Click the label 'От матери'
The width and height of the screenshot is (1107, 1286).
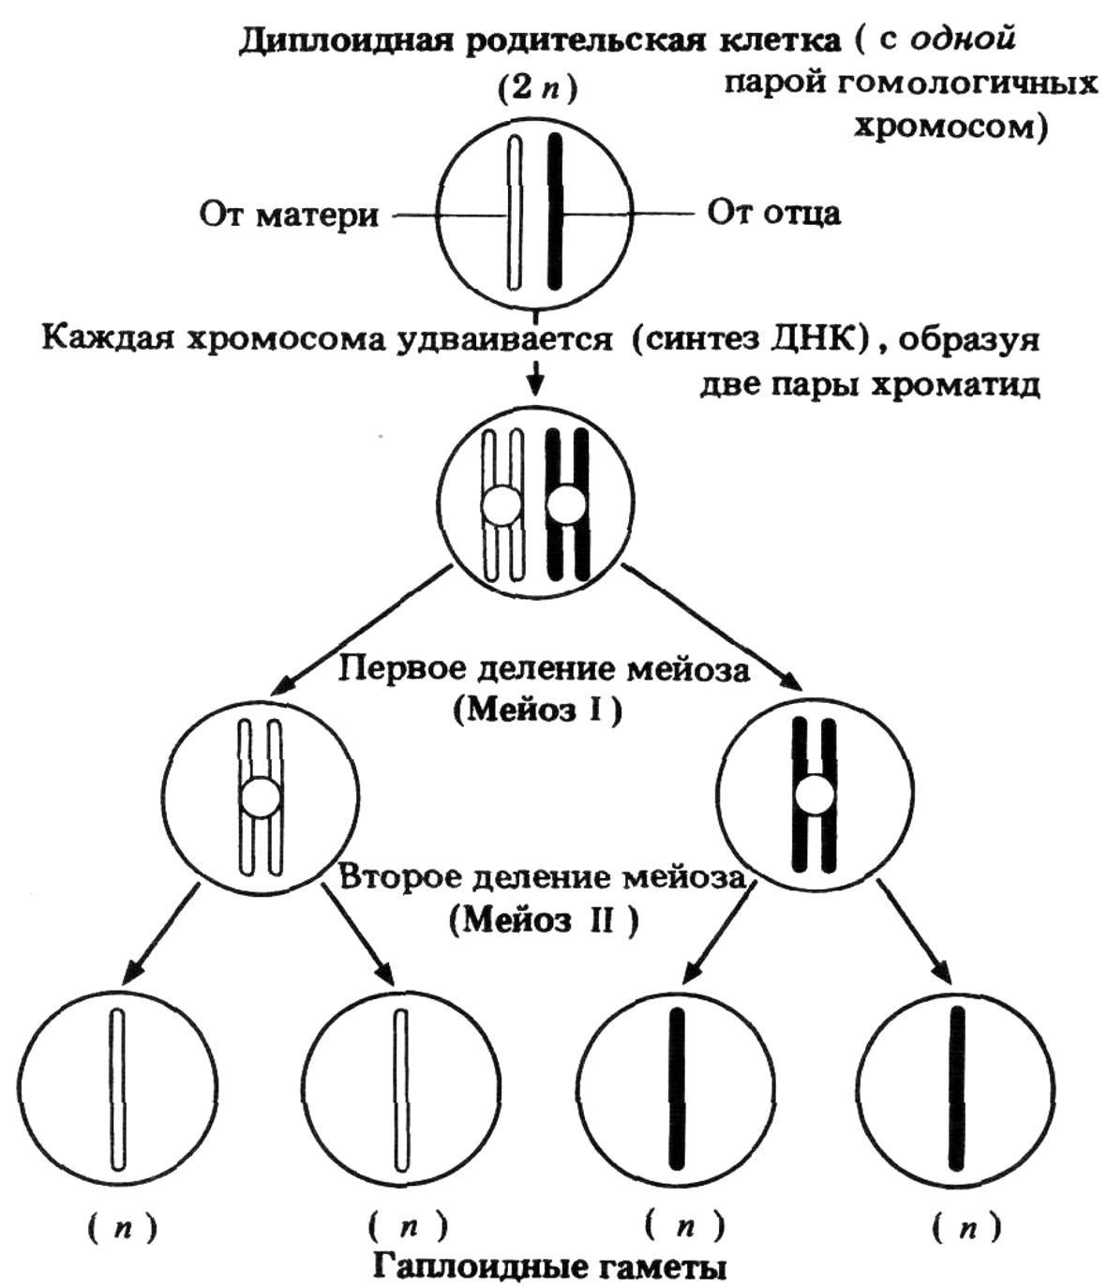[289, 215]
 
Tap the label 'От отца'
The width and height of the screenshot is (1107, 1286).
[773, 213]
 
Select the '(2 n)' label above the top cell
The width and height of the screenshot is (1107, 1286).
[536, 89]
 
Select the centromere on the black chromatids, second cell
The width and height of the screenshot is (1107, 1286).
[566, 505]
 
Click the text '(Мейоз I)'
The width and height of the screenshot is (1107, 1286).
[538, 710]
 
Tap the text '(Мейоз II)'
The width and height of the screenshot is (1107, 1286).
[545, 920]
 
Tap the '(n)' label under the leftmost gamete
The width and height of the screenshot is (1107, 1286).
[122, 1228]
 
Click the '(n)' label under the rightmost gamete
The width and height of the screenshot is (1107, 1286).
[966, 1228]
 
